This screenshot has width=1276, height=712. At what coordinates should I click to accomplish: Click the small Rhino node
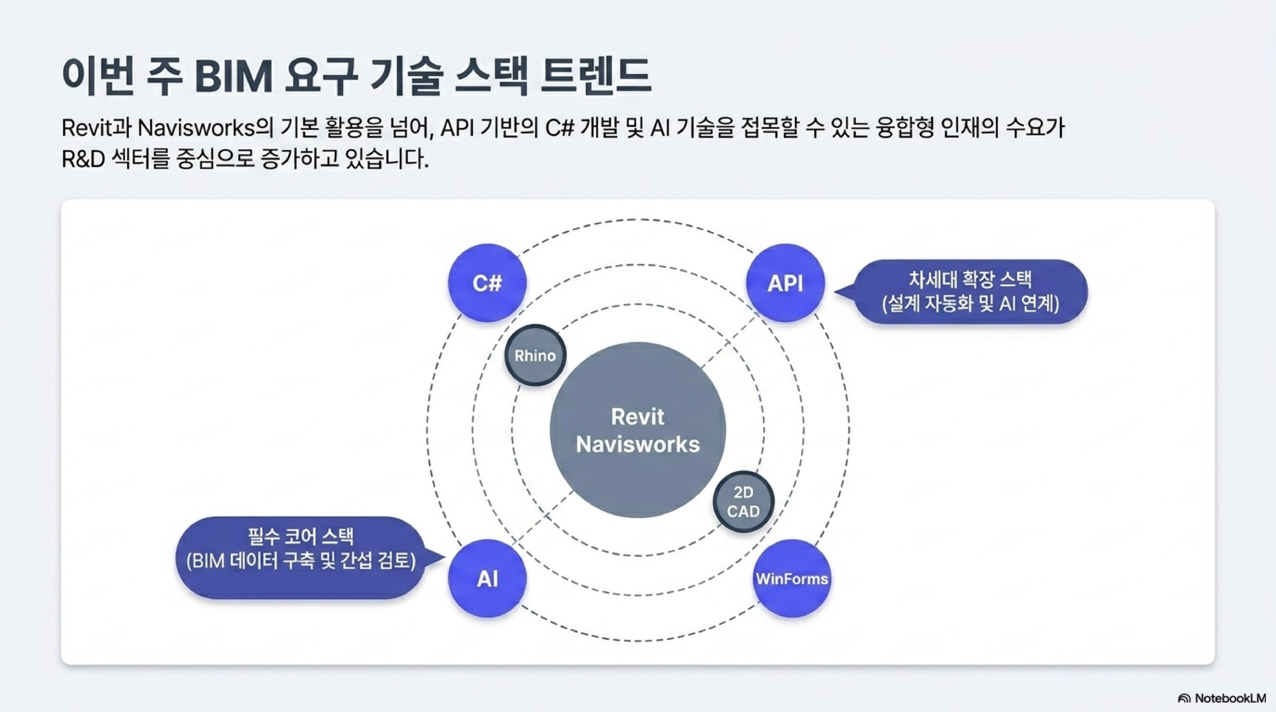[x=535, y=355]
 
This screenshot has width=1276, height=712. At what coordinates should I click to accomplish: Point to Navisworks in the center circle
[x=637, y=444]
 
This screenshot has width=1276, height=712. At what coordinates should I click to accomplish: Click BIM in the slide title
[x=234, y=77]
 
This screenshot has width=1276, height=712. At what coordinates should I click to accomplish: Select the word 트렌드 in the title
[x=594, y=77]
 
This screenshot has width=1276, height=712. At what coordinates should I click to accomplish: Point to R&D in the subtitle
[x=83, y=160]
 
